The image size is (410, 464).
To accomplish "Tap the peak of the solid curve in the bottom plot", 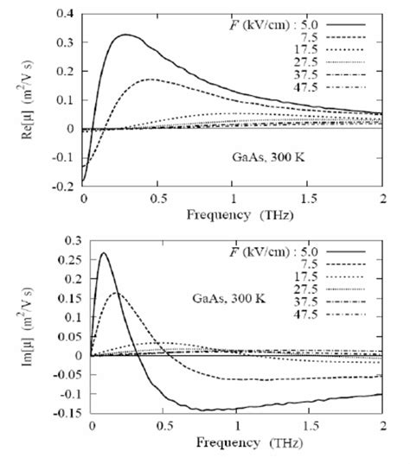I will pos(104,253).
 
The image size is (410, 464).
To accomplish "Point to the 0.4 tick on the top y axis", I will pos(63,15).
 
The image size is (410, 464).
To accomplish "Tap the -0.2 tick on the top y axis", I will pos(61,185).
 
